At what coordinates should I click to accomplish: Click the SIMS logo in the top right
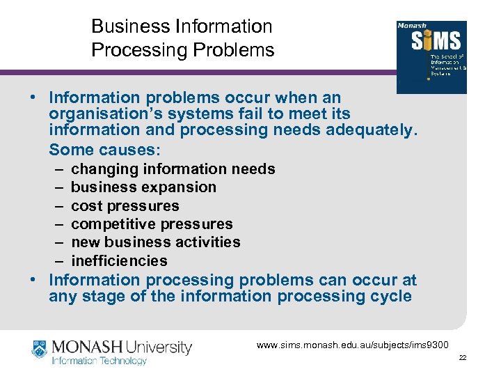coord(431,56)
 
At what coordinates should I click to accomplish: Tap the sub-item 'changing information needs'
coord(173,169)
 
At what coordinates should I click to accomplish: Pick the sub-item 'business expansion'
coord(143,187)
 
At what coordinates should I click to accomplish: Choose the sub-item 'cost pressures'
coord(125,206)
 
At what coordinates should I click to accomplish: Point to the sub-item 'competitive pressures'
coord(152,224)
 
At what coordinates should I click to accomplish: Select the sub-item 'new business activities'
coord(155,242)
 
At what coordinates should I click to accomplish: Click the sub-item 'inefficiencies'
coord(119,261)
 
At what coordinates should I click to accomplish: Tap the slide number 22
coord(463,358)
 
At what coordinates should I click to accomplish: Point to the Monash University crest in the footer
coord(40,350)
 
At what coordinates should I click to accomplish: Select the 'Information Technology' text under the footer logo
coord(99,361)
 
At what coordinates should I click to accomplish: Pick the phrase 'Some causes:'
coord(104,150)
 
